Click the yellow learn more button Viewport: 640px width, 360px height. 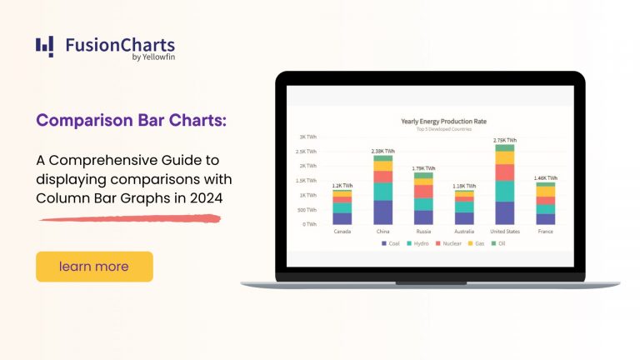(x=94, y=267)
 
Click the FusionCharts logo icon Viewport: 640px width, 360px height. (x=45, y=47)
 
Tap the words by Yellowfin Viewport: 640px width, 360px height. (x=153, y=57)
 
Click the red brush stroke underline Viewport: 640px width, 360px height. (x=129, y=219)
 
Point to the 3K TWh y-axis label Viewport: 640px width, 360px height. (x=307, y=137)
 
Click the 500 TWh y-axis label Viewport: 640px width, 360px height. (x=307, y=210)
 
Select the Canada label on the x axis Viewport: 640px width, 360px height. (x=342, y=232)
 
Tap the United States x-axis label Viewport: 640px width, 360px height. (x=505, y=232)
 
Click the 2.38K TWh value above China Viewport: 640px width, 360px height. (x=383, y=151)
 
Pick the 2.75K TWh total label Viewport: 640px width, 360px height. (x=505, y=140)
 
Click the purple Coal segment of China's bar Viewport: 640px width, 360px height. (x=383, y=212)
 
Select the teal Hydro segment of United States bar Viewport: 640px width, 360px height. (x=505, y=191)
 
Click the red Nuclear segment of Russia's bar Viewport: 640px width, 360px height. (x=423, y=191)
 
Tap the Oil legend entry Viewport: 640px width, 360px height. (x=501, y=243)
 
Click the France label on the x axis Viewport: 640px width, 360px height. (x=546, y=232)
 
